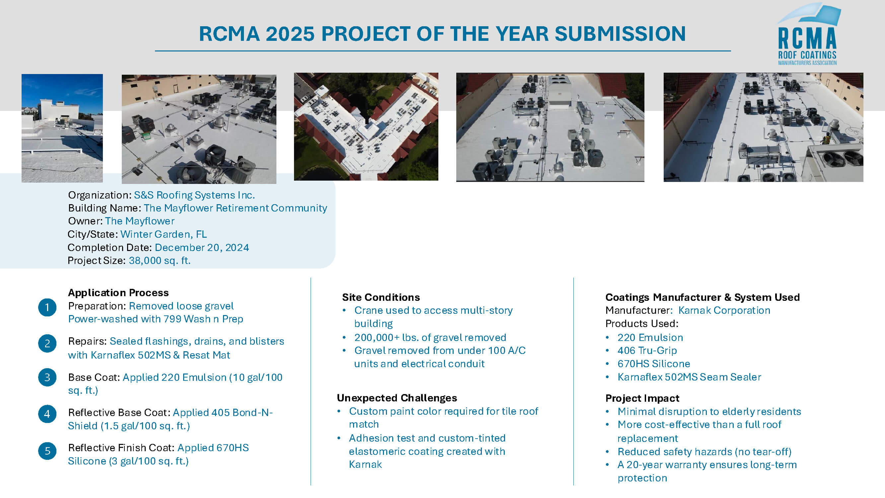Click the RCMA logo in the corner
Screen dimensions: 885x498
(808, 35)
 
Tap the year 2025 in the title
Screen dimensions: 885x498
(290, 34)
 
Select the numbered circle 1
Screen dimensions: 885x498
(47, 307)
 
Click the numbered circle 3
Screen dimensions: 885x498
(47, 377)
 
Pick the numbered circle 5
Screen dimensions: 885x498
(47, 451)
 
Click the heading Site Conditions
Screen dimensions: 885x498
(381, 297)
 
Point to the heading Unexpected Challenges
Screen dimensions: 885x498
(397, 398)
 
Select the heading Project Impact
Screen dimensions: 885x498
(642, 398)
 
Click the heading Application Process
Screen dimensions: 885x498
(118, 293)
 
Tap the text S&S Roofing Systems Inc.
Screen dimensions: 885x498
(194, 195)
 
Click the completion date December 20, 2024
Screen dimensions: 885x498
(202, 247)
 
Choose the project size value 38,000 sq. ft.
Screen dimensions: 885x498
(160, 261)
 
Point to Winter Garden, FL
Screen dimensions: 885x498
(164, 234)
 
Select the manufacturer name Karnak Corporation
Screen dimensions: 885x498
(724, 310)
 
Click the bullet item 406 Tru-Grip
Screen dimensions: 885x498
(647, 351)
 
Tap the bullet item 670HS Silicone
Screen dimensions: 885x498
(654, 364)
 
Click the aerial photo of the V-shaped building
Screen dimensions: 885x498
(366, 126)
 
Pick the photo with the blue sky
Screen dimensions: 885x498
(62, 128)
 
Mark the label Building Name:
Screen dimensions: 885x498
(105, 208)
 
